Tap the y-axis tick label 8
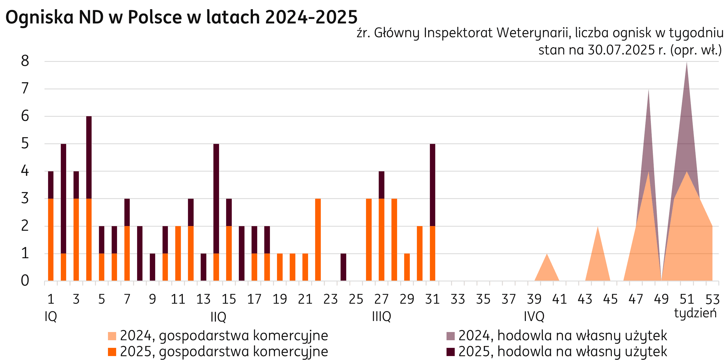(x=25, y=61)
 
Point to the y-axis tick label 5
(x=25, y=144)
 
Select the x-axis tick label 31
(x=432, y=299)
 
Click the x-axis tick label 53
(x=712, y=299)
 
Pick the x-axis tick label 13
(x=203, y=299)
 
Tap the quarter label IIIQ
(x=382, y=316)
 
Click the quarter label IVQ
(x=534, y=316)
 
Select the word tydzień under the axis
(x=695, y=313)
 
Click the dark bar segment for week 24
(x=343, y=267)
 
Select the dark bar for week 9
(x=153, y=267)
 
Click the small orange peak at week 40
(x=547, y=270)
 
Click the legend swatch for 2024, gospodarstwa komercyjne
(x=112, y=336)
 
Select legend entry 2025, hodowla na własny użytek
(x=562, y=352)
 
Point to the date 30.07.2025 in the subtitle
(x=621, y=50)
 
